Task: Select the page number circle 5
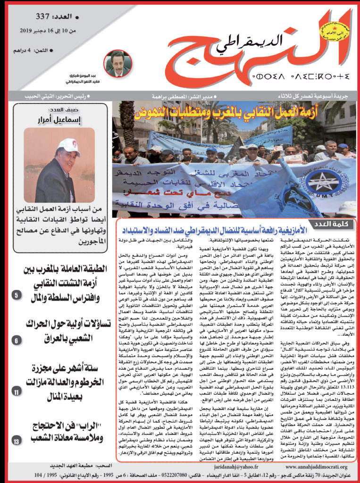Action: [16, 296]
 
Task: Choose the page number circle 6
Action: [16, 339]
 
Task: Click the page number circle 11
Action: [16, 392]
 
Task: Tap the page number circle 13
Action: [16, 441]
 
